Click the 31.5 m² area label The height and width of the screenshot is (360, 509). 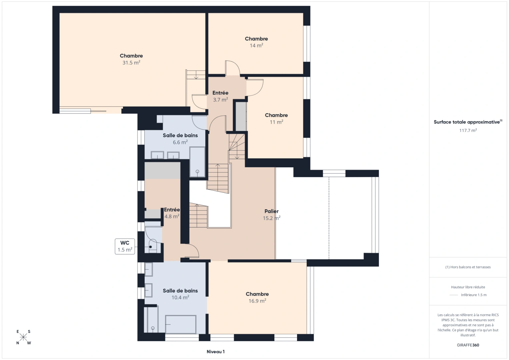[x=131, y=63]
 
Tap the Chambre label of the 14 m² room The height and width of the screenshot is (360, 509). [x=256, y=39]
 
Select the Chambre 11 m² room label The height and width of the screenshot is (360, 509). [x=276, y=119]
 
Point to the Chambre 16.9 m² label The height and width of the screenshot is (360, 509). [x=257, y=297]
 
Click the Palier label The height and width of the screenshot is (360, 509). [x=271, y=211]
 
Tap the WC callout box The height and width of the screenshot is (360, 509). [x=125, y=246]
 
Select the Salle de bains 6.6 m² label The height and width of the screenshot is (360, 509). [x=180, y=139]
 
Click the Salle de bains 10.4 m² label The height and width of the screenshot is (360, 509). [x=180, y=294]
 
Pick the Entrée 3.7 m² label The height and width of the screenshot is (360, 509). [x=220, y=96]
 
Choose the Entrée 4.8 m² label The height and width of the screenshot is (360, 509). [x=172, y=213]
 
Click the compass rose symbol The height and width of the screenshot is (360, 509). [x=23, y=337]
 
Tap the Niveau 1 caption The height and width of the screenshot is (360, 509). [x=215, y=352]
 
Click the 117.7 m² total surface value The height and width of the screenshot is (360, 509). [x=468, y=131]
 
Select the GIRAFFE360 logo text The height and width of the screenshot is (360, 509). [x=468, y=345]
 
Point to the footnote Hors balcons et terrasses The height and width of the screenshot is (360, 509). [x=468, y=267]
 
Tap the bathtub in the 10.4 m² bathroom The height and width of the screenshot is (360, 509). [x=181, y=324]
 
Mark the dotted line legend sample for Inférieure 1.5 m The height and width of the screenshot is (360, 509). [x=454, y=295]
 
